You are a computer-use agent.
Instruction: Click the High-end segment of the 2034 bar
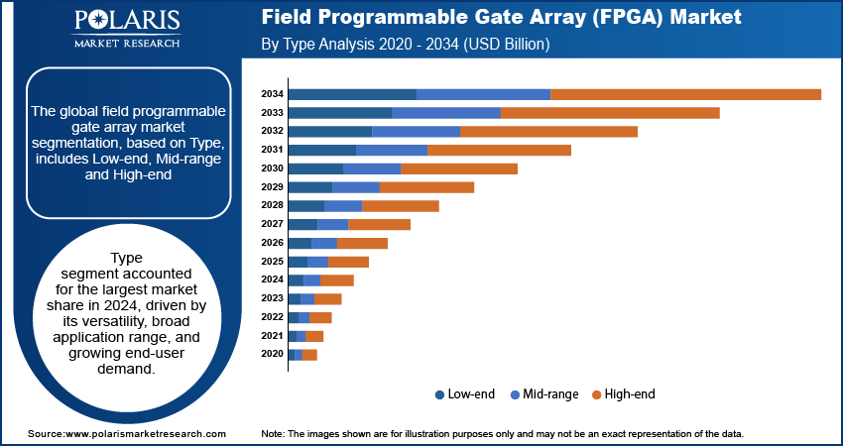point(685,94)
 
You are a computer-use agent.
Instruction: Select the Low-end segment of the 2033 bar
point(339,113)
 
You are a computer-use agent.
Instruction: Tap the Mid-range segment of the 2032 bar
point(416,131)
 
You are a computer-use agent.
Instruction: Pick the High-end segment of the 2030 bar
point(459,168)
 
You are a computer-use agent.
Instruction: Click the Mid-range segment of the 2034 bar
point(483,94)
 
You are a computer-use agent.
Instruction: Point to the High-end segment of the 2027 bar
point(379,225)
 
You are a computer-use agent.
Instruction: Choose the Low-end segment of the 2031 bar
point(321,150)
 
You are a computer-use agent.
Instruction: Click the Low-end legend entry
point(465,394)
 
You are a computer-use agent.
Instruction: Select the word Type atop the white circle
point(127,257)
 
